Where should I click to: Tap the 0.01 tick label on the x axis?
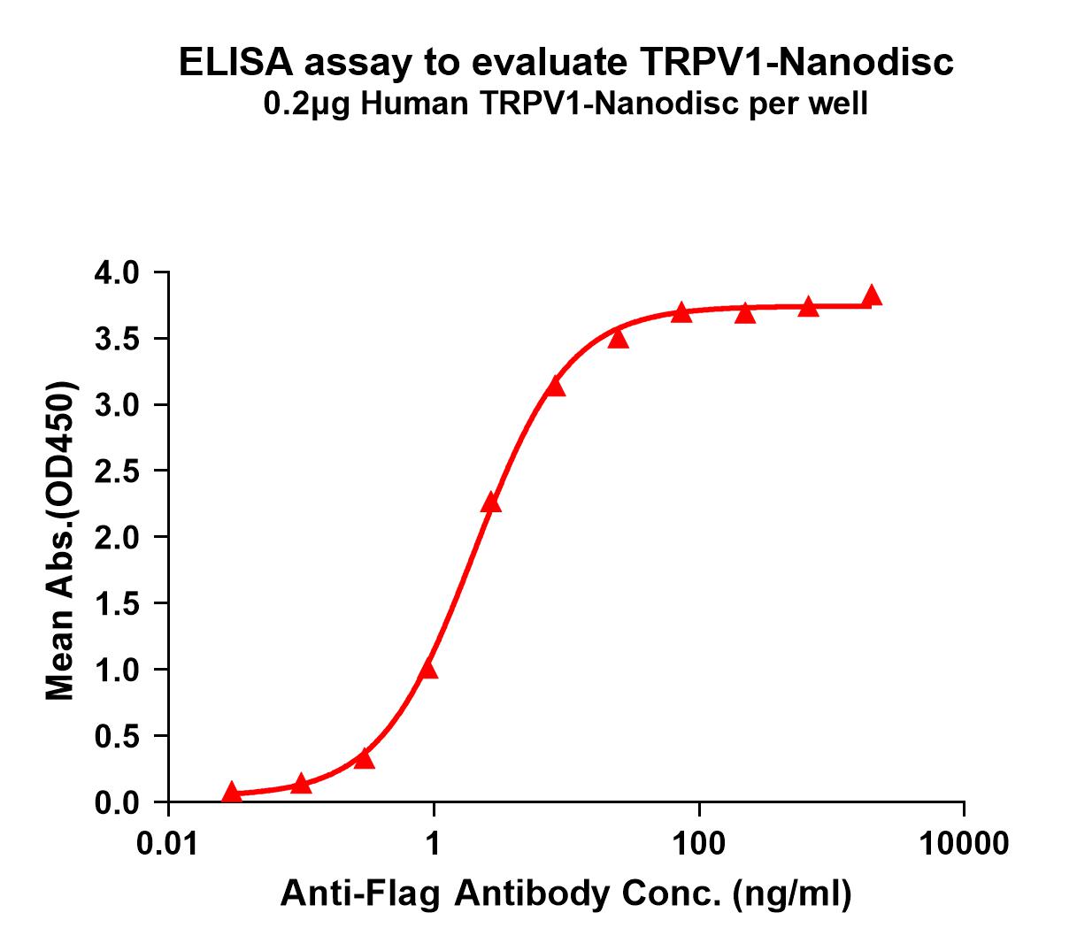click(x=167, y=844)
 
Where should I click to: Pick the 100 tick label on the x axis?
click(x=699, y=844)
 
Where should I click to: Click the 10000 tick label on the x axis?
click(x=964, y=844)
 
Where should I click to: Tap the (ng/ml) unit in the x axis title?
click(x=791, y=894)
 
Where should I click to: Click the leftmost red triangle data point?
click(x=232, y=792)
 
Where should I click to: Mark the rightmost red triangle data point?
click(x=872, y=295)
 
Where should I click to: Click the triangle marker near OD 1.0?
click(x=428, y=669)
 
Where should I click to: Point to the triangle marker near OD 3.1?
click(x=555, y=386)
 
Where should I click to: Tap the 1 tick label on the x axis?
click(x=434, y=844)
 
